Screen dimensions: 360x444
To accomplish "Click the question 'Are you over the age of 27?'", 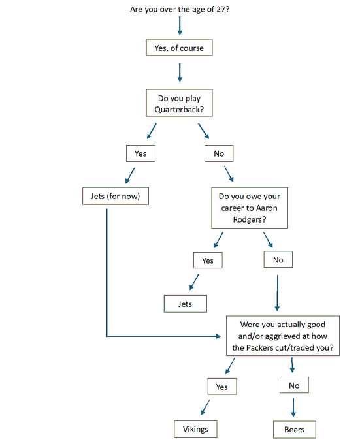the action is click(x=180, y=9).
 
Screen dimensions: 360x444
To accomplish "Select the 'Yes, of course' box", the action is click(x=179, y=48).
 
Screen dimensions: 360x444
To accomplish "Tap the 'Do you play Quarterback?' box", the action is click(x=179, y=103).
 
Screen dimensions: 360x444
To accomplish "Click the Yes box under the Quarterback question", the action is click(x=140, y=153).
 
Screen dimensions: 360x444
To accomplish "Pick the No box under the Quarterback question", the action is click(x=219, y=153).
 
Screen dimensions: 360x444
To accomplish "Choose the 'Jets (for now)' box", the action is click(x=116, y=196).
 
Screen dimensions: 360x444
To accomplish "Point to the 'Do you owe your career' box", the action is click(x=250, y=208).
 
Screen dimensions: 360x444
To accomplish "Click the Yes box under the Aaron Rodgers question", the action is click(x=208, y=261).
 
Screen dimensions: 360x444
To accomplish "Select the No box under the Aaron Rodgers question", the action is click(x=278, y=259).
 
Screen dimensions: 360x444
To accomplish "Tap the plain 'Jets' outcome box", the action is click(x=186, y=304).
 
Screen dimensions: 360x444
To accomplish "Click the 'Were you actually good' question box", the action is click(x=283, y=336).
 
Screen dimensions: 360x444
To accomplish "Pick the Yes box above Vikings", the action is click(x=222, y=387).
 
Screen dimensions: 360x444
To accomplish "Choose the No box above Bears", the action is click(x=294, y=385).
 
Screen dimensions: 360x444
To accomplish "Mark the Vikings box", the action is click(x=195, y=429).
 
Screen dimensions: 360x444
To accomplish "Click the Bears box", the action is click(x=295, y=430).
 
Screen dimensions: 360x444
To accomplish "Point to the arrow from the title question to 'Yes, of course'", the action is click(x=180, y=25).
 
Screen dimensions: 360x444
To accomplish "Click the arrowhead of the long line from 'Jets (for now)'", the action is click(x=218, y=336).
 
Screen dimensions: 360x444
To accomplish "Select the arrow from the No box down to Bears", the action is click(x=293, y=407).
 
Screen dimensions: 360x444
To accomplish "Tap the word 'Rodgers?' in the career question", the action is click(x=250, y=220).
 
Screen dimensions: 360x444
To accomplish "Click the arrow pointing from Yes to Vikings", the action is click(x=205, y=407).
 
